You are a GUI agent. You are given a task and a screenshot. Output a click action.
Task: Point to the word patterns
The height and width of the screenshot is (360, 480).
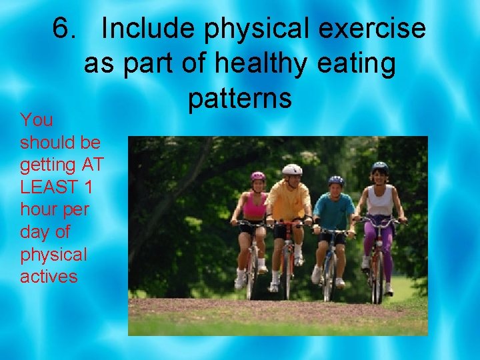pyautogui.click(x=240, y=98)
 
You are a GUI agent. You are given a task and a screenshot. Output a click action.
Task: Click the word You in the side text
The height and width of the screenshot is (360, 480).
pyautogui.click(x=37, y=121)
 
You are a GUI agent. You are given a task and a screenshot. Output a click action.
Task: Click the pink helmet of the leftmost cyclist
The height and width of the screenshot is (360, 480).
pyautogui.click(x=257, y=175)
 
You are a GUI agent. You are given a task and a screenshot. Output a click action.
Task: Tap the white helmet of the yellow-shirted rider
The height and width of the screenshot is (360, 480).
pyautogui.click(x=292, y=169)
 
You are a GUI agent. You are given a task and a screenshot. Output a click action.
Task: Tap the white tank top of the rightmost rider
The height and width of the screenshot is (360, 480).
pyautogui.click(x=381, y=200)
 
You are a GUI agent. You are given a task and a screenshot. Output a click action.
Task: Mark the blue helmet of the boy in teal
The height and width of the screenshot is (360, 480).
pyautogui.click(x=336, y=180)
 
